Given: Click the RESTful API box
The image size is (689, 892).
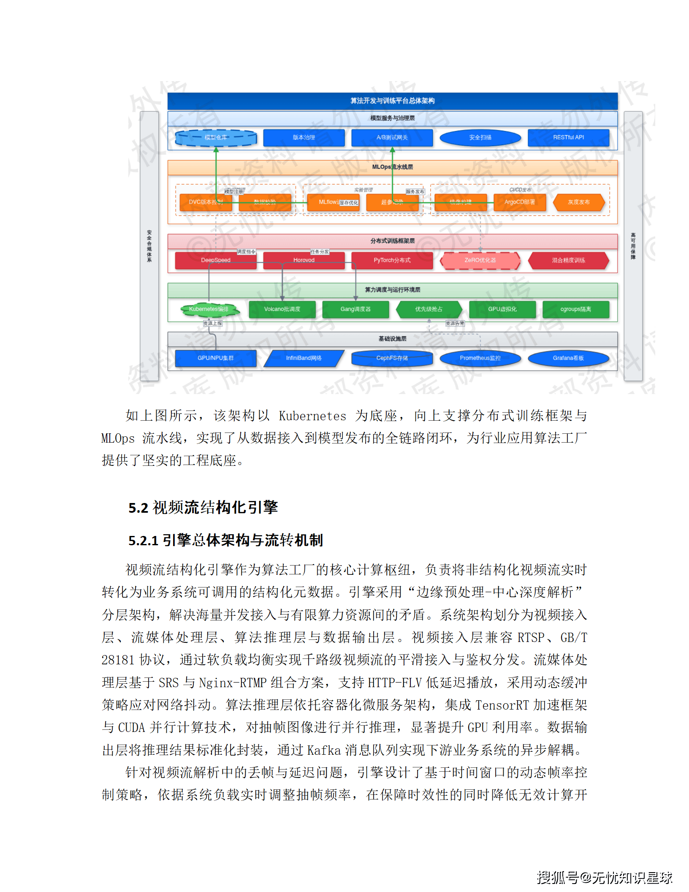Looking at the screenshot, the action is click(568, 138).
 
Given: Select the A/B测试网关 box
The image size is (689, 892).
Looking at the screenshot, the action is click(392, 138).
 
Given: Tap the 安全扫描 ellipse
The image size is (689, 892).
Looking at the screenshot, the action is click(480, 138).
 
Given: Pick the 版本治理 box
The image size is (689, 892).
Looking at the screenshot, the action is click(304, 138).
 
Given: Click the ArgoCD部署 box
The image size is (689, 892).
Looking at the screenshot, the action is click(519, 202).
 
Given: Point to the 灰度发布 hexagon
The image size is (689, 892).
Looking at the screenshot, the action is click(578, 202).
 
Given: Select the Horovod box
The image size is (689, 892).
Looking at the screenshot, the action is click(304, 260).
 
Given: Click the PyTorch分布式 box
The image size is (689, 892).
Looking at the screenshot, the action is click(392, 260).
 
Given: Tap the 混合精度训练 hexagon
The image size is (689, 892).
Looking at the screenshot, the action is click(568, 260).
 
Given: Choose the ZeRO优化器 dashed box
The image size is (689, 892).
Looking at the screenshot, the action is click(480, 260).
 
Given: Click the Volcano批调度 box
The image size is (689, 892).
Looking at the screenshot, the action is click(282, 309).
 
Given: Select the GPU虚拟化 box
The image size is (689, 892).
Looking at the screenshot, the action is click(502, 309).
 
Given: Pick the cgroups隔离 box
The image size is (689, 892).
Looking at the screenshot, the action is click(575, 309).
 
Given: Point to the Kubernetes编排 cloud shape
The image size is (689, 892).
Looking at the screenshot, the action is click(209, 310).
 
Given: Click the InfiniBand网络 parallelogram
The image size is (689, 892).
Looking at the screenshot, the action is click(304, 358).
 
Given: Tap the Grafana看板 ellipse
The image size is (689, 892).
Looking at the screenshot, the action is click(568, 358).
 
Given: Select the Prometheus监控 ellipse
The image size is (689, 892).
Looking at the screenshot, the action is click(480, 358).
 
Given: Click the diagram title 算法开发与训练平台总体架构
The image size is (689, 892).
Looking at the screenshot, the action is click(392, 101).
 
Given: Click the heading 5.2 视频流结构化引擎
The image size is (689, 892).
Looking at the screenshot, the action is click(203, 507).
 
